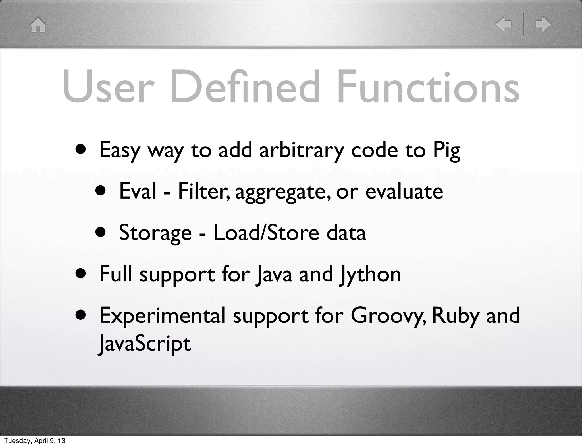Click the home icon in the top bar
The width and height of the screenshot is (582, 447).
(38, 25)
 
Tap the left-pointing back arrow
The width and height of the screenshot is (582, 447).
(503, 24)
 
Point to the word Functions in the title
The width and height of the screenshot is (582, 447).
(428, 87)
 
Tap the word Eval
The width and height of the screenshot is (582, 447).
(138, 191)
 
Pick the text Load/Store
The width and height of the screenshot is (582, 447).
(266, 233)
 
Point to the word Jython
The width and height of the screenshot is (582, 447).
(370, 275)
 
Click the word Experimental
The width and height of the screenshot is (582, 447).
(162, 316)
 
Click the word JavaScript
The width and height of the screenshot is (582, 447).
(145, 344)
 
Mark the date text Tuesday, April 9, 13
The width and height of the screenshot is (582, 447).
(35, 441)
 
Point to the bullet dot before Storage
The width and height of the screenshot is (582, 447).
(101, 233)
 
